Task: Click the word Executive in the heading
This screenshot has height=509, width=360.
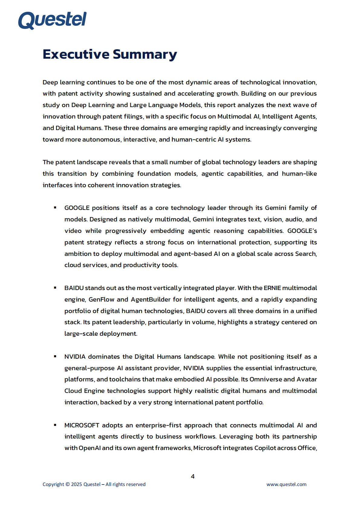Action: [x=76, y=54]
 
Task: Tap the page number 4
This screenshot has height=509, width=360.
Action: [x=193, y=476]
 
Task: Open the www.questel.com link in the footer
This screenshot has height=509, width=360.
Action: [x=286, y=484]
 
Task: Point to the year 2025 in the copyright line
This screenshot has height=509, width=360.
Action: [x=77, y=484]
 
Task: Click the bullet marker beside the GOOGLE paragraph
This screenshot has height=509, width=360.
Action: [x=55, y=207]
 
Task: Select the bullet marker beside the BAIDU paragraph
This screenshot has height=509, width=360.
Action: [x=55, y=288]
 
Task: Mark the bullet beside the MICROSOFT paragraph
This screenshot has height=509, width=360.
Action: [x=55, y=425]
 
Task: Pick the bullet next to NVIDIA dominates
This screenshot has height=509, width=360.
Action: [x=55, y=356]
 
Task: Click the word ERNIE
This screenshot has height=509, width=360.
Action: [x=272, y=288]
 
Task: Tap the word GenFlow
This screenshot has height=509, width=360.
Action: [x=101, y=299]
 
